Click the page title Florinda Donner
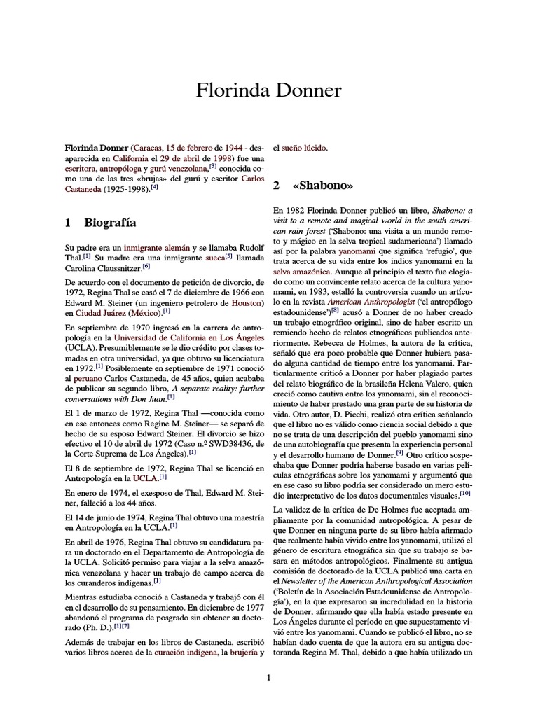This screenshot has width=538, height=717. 269,90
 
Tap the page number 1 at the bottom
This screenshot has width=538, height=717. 269,677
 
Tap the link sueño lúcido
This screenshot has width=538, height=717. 303,148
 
